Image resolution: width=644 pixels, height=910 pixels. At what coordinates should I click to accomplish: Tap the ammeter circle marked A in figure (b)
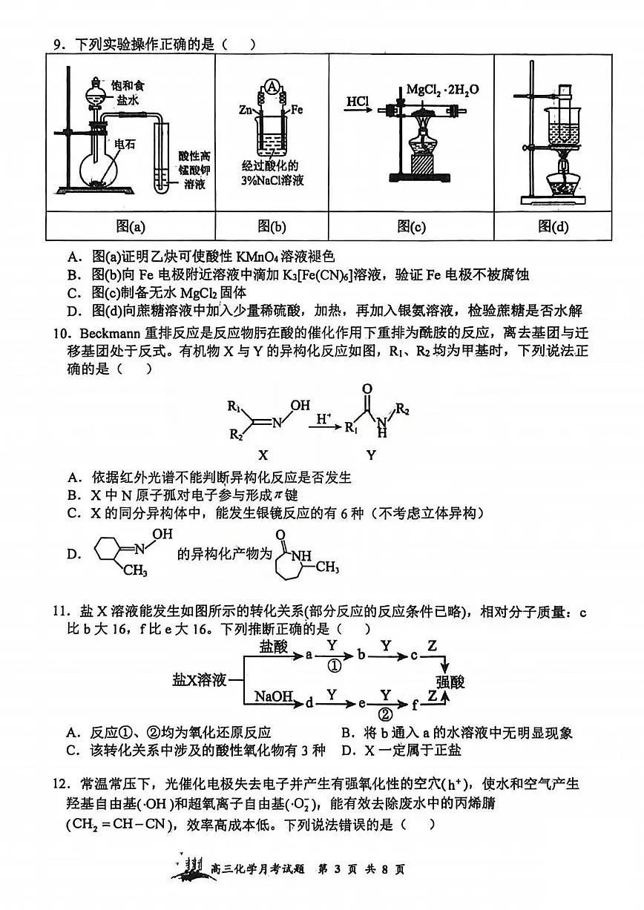pyautogui.click(x=272, y=88)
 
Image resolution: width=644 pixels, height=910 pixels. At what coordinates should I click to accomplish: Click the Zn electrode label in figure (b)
pyautogui.click(x=245, y=110)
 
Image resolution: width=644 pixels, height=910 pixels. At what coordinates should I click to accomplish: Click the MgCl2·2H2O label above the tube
pyautogui.click(x=442, y=89)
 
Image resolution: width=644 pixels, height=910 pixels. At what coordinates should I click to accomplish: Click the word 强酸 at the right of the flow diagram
pyautogui.click(x=450, y=680)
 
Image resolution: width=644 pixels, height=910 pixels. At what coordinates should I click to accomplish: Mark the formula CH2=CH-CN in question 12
pyautogui.click(x=117, y=824)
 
